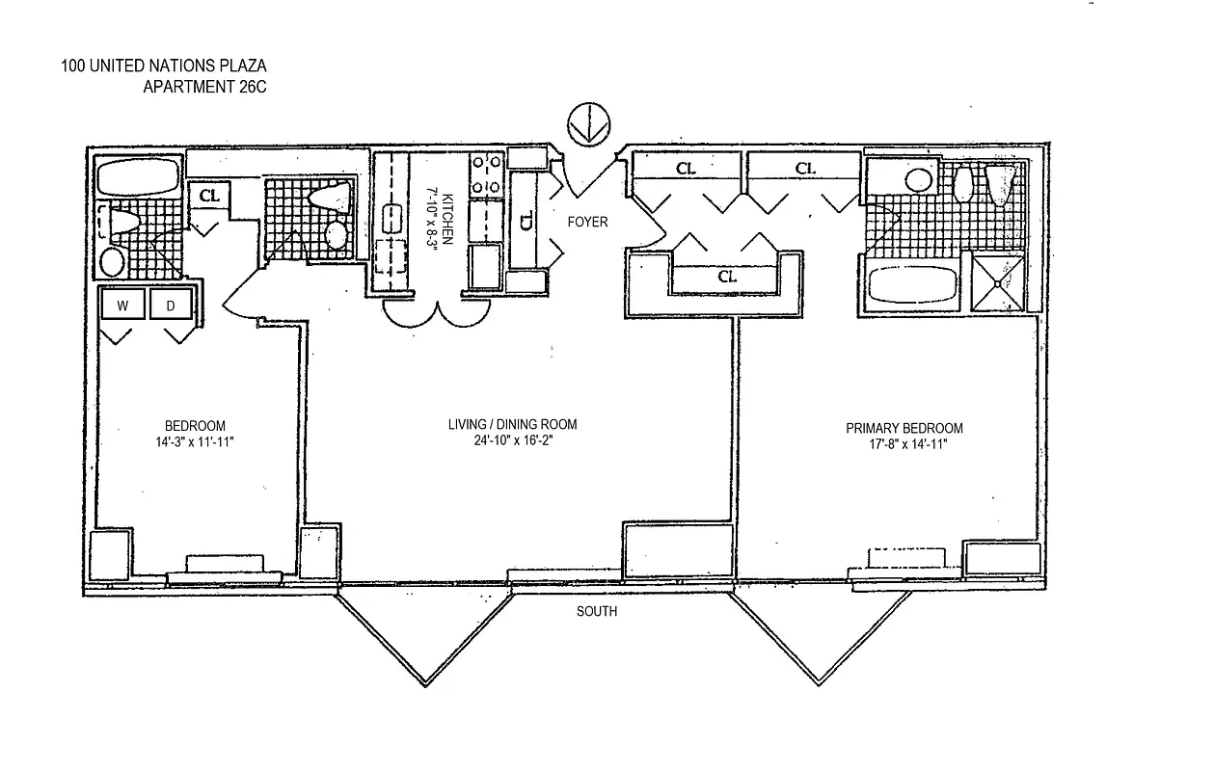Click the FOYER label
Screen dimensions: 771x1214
coord(587,222)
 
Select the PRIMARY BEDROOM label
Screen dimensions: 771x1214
coord(904,429)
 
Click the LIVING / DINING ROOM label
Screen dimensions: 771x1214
coord(512,425)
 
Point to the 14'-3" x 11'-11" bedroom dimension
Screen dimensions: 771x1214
coord(195,441)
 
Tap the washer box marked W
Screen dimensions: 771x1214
coord(122,306)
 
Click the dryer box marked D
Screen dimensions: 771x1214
coord(171,306)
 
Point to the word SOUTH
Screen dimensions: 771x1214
coord(597,612)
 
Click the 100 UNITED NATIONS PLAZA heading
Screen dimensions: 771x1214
coord(163,66)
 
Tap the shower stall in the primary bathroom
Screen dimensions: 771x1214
coord(998,281)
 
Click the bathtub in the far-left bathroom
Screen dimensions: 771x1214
coord(138,178)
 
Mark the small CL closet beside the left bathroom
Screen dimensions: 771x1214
coord(209,196)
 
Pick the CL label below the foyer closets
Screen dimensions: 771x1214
coord(728,277)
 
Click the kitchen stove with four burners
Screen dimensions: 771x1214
coord(484,175)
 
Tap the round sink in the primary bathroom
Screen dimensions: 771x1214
coord(918,179)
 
